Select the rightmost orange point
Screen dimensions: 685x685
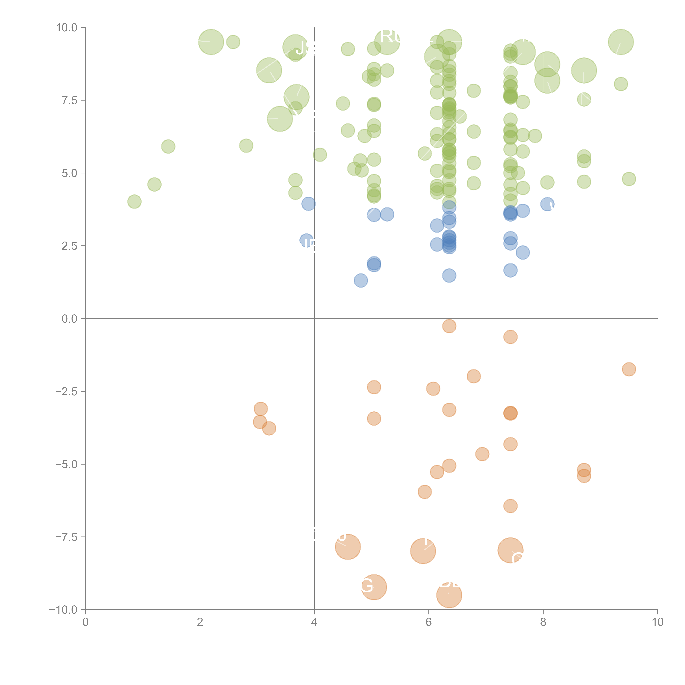coord(629,369)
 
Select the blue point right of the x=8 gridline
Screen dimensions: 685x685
coord(547,204)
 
